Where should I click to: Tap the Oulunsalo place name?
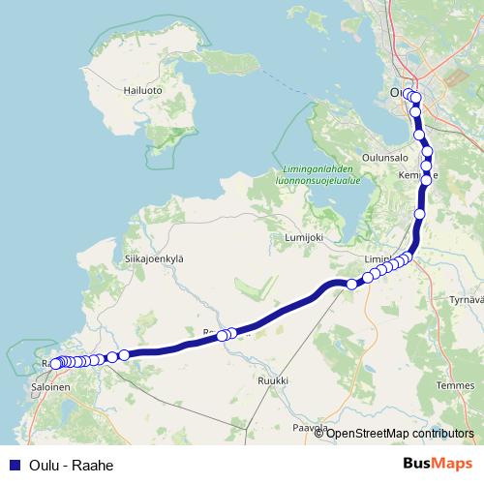(387, 155)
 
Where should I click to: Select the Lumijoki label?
(301, 237)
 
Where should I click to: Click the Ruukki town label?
(272, 381)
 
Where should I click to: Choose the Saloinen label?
(49, 385)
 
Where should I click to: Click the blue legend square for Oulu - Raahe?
(14, 465)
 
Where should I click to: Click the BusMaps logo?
(437, 464)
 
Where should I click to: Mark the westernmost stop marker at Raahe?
(55, 364)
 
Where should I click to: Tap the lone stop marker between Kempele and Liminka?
(419, 214)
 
